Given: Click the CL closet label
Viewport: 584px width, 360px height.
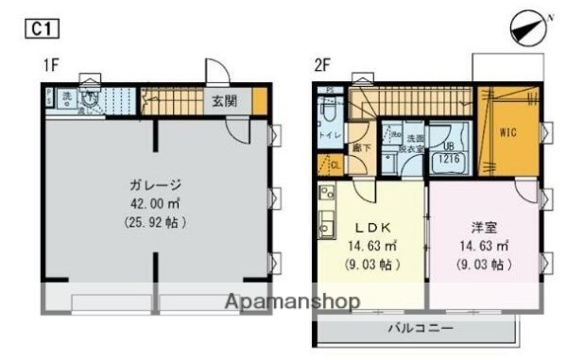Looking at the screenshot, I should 334,165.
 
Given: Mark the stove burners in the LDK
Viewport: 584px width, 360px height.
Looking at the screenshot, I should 326,199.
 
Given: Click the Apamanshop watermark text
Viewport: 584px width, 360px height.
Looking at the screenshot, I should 292,302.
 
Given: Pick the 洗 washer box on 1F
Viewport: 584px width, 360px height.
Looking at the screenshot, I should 67,96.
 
